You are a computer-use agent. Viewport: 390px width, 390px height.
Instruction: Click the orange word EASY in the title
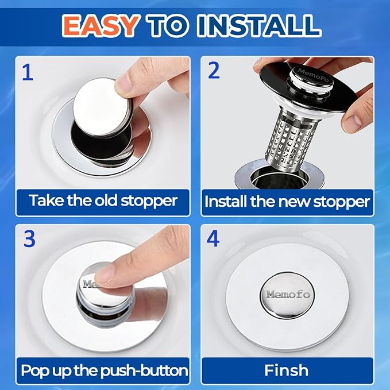101,25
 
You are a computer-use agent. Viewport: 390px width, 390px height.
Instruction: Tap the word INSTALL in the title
259,25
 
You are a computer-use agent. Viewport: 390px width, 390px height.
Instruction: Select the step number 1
28,72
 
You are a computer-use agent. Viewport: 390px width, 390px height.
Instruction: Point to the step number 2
214,70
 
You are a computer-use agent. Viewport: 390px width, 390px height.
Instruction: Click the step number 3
29,238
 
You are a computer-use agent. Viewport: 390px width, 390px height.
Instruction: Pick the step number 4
213,238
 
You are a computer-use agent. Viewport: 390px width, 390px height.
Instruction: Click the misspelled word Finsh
286,370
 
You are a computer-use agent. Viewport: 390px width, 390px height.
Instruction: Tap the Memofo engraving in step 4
288,295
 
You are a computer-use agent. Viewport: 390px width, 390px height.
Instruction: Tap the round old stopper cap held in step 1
102,107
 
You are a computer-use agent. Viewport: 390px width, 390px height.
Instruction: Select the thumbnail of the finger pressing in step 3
104,276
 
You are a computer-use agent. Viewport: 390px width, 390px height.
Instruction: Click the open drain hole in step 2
279,177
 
